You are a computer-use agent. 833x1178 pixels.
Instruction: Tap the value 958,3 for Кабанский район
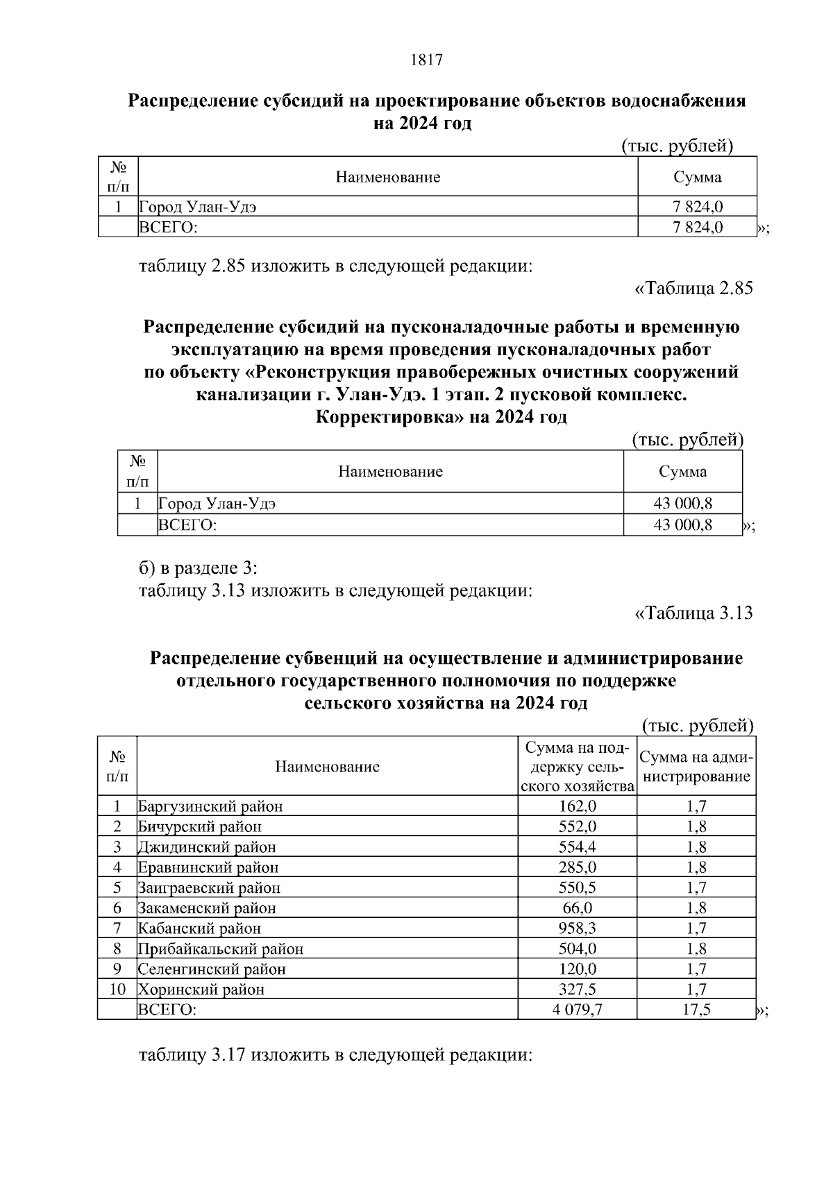click(x=577, y=928)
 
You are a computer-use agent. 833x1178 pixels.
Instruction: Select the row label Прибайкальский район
click(x=221, y=948)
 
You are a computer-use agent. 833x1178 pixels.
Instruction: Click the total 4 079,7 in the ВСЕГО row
click(x=577, y=1009)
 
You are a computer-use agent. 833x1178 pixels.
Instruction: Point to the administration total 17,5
click(x=696, y=1009)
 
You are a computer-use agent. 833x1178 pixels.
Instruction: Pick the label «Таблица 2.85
click(x=693, y=289)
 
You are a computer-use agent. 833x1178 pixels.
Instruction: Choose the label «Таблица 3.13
click(x=693, y=613)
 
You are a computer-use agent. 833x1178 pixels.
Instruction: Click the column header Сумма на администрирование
click(x=696, y=767)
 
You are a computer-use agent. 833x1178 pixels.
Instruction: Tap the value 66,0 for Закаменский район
click(x=577, y=908)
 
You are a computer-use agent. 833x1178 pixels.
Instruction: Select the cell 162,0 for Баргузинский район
click(x=577, y=806)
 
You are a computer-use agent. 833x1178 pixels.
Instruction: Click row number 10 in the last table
click(x=117, y=989)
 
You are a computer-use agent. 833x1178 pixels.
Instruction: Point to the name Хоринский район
click(x=201, y=989)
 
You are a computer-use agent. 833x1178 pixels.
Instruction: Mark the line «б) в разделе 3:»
click(x=198, y=568)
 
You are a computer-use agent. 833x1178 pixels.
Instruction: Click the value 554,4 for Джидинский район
click(x=577, y=847)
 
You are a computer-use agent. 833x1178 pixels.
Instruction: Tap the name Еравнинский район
click(x=208, y=867)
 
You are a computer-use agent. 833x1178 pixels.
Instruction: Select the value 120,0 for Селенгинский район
click(x=577, y=969)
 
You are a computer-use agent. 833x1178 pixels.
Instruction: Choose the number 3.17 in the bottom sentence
click(x=229, y=1056)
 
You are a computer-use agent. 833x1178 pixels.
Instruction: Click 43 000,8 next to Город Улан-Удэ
click(x=682, y=504)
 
